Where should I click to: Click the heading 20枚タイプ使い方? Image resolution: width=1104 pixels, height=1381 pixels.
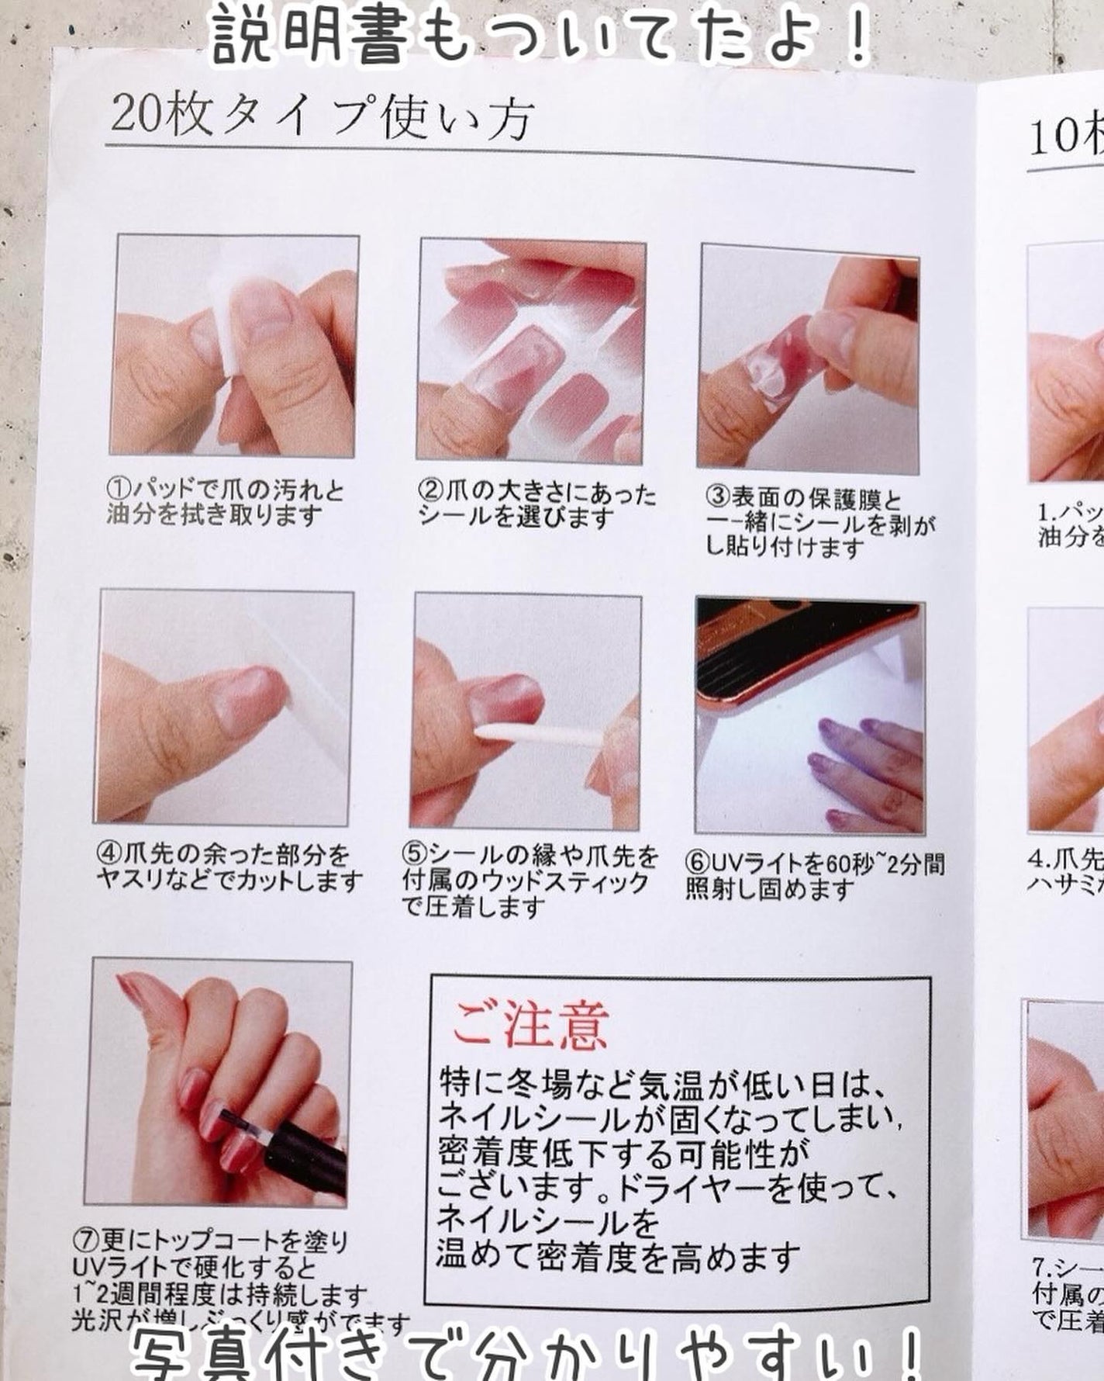click(322, 118)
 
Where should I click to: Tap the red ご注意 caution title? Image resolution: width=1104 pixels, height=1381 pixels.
click(530, 1024)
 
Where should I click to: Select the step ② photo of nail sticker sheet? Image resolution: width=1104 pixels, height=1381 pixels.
click(532, 351)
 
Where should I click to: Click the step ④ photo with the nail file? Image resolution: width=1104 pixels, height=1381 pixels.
click(225, 708)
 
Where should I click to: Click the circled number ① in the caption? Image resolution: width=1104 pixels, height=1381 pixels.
click(117, 490)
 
